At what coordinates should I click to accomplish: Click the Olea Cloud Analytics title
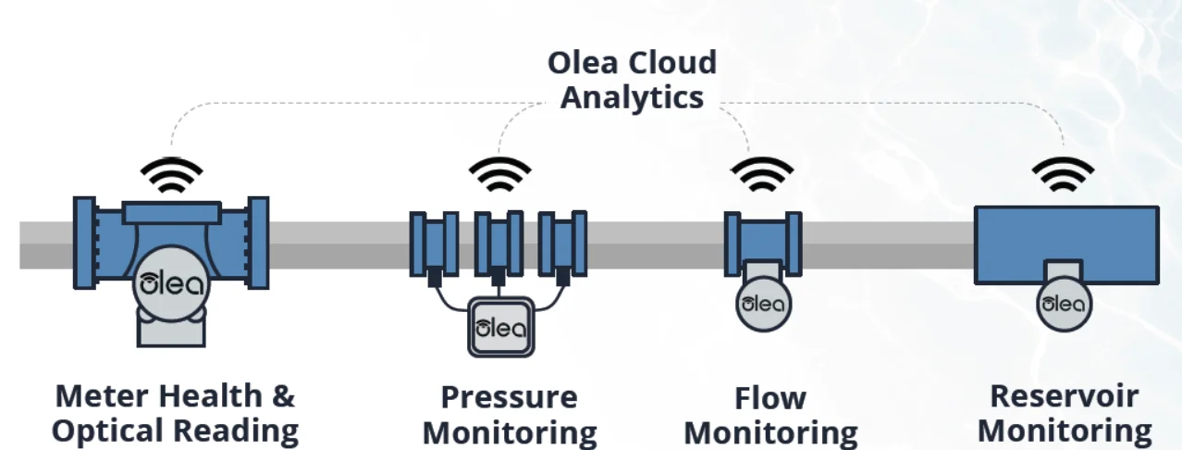632,80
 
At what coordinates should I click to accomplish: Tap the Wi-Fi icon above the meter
171,175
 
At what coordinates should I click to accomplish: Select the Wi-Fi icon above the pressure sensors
499,175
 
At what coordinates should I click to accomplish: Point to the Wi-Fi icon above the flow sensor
762,175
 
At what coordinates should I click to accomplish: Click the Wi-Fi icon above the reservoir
1063,175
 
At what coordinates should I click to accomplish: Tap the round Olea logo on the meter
170,283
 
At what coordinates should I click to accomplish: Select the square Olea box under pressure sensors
499,326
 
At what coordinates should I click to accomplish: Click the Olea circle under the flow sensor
763,304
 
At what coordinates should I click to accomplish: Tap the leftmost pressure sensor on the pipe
434,243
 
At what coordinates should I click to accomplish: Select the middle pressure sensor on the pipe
499,243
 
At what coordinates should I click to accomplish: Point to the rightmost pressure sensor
563,243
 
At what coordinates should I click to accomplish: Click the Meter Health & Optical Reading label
175,413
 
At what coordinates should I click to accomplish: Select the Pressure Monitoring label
509,414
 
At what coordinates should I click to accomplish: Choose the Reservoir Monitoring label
1065,413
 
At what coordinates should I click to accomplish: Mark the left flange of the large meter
84,244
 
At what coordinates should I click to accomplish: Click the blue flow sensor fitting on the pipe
763,242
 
